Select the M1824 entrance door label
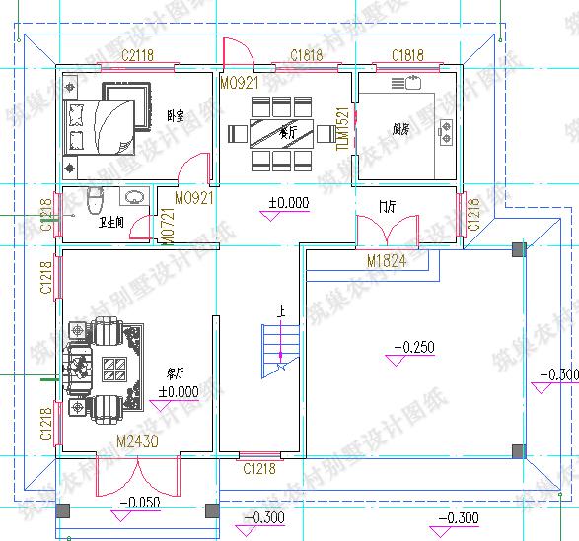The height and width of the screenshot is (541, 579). click(x=388, y=262)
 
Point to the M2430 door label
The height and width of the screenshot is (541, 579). click(x=137, y=440)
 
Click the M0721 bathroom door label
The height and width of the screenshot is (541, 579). click(x=168, y=227)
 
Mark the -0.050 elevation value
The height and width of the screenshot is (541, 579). click(x=139, y=503)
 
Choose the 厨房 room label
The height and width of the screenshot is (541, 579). click(x=400, y=128)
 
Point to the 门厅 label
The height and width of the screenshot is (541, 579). click(x=387, y=207)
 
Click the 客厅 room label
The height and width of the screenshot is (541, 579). click(x=177, y=373)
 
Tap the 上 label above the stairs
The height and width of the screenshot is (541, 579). click(x=281, y=314)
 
